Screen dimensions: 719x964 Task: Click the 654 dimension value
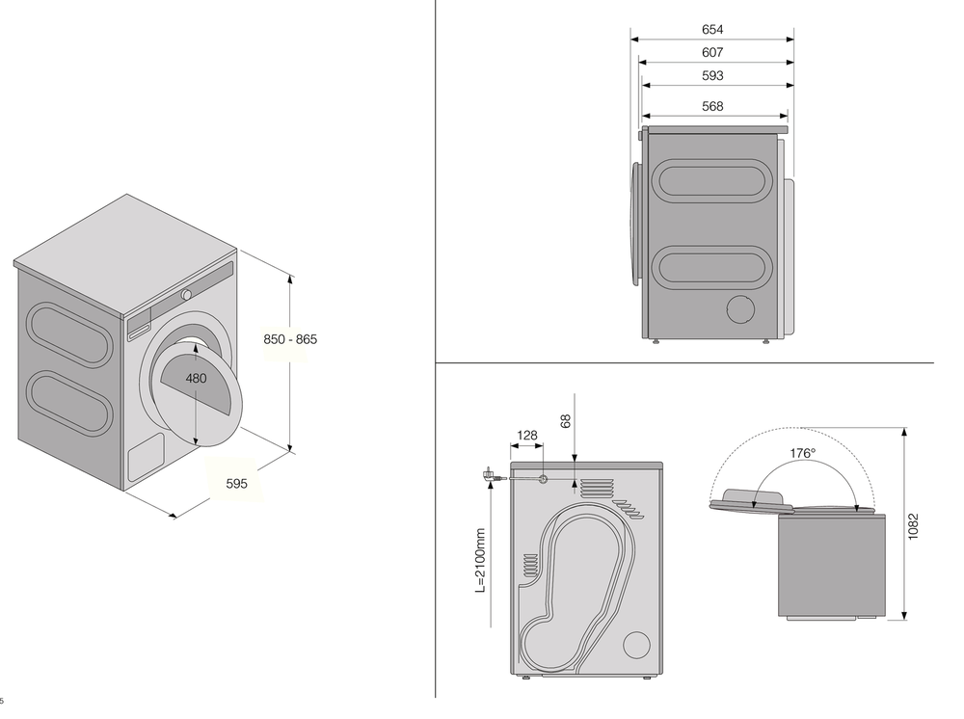(712, 30)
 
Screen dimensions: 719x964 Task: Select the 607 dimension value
(712, 53)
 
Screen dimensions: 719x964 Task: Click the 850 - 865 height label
(290, 339)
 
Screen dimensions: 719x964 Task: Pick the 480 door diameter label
(196, 379)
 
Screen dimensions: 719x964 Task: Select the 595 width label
(236, 484)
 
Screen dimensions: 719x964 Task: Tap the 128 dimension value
(526, 436)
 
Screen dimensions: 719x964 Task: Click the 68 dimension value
(566, 421)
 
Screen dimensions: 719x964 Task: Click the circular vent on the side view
(741, 309)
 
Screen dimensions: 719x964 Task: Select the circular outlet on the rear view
(636, 646)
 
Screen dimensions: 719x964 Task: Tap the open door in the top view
(751, 498)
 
